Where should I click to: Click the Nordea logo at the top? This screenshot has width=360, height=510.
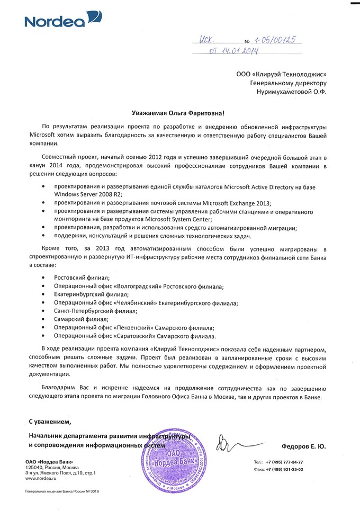tap(62, 21)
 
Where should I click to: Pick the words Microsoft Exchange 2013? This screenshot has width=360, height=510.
tap(239, 203)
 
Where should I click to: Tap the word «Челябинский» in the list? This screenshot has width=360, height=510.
tap(131, 303)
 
